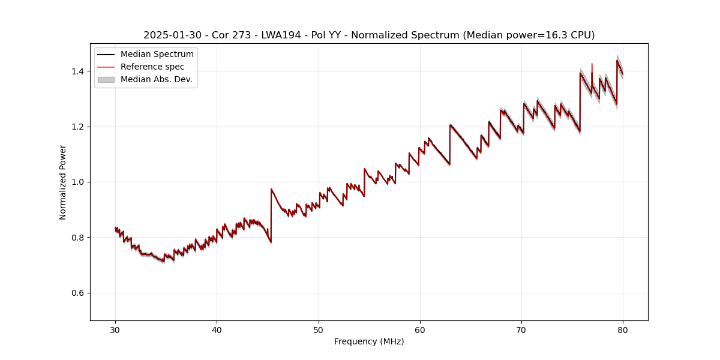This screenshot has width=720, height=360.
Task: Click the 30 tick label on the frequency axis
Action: point(115,329)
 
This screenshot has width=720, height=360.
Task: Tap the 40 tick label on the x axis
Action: point(217,329)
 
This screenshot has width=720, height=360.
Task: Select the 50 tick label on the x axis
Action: point(319,329)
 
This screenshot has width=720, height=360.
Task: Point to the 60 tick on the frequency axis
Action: point(420,329)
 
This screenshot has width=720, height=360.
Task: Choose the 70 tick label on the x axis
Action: point(521,329)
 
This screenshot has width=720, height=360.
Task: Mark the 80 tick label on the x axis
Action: point(623,329)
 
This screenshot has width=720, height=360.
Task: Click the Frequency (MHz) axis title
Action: point(369,341)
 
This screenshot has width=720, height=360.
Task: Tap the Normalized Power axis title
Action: point(63,182)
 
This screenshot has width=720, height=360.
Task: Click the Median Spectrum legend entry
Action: point(157,55)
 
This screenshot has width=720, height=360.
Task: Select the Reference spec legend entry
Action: point(152,67)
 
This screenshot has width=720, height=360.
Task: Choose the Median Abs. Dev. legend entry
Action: point(156,79)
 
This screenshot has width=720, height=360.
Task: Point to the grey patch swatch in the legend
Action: point(106,79)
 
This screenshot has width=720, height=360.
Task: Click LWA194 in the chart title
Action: point(281,35)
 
